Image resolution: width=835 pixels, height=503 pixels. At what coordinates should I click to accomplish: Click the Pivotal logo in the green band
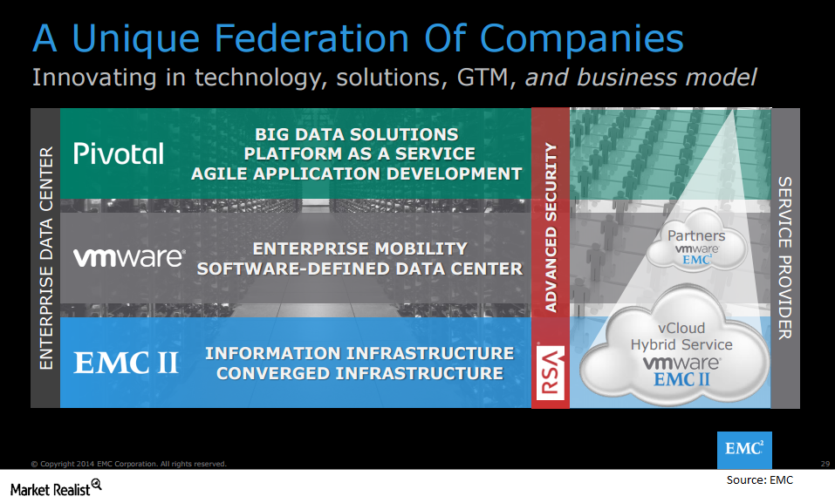coord(119,153)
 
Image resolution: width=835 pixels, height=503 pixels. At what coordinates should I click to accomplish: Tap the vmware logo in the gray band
coord(129,257)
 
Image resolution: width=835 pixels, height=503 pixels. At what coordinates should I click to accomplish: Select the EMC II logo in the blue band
coord(126,363)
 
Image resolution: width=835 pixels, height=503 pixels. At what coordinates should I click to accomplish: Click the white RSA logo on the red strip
coord(550,372)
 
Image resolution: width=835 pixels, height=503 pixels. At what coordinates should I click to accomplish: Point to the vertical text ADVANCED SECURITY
coord(551,228)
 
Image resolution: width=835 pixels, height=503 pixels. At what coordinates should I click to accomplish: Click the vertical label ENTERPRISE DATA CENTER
coord(46,258)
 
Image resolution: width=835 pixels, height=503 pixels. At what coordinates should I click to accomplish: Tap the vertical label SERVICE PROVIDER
coord(785,258)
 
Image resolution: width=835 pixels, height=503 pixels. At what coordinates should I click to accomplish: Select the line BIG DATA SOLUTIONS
coord(357,134)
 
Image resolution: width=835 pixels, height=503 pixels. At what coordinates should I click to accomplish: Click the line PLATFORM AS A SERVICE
coord(359,153)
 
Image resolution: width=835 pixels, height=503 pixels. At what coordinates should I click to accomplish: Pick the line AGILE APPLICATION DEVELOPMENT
coord(357,173)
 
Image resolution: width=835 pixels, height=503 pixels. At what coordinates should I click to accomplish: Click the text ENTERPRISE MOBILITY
coord(360,248)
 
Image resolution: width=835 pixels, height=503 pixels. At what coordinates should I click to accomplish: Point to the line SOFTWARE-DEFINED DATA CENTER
coord(360,268)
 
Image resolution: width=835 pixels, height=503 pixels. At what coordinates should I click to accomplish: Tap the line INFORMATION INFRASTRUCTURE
coord(360,353)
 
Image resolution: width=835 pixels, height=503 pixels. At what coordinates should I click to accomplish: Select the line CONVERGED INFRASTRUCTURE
coord(360,374)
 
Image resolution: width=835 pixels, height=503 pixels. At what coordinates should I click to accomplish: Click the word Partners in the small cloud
coord(696,235)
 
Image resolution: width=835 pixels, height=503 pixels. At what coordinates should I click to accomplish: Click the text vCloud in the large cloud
coord(681,328)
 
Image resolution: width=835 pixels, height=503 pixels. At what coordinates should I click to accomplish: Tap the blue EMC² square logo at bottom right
coord(744,449)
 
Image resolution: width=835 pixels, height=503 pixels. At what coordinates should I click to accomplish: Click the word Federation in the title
coord(312,39)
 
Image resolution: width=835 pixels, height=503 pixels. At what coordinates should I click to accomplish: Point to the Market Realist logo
coord(55,487)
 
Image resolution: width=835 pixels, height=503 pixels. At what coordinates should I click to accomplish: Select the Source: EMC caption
coord(759,480)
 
